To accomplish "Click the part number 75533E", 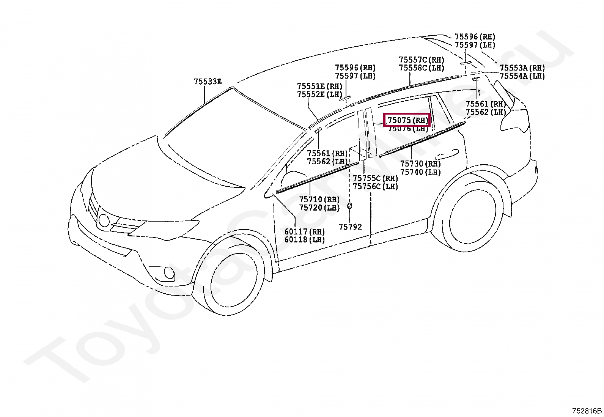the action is coord(208,82).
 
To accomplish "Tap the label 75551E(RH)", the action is coord(319,86).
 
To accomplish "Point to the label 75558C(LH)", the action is coord(421,68).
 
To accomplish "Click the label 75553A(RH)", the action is coord(522,68).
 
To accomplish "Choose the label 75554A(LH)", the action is coord(522,76).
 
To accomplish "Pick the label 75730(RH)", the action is coord(420,164).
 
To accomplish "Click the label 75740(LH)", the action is coord(420,172).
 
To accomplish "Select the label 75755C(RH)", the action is coord(375,178).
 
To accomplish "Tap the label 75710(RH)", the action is coord(319,200).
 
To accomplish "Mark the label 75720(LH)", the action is coord(319,208).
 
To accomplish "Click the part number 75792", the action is coord(350,227).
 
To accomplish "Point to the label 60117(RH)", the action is coord(305,231).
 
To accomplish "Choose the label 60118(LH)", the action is coord(305,240).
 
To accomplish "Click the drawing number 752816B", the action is coord(587,411).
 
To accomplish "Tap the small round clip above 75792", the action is coord(349,206).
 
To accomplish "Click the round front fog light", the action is coord(169,273).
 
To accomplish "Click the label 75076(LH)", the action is coord(408,129).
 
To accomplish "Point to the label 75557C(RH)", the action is coord(421,60).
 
